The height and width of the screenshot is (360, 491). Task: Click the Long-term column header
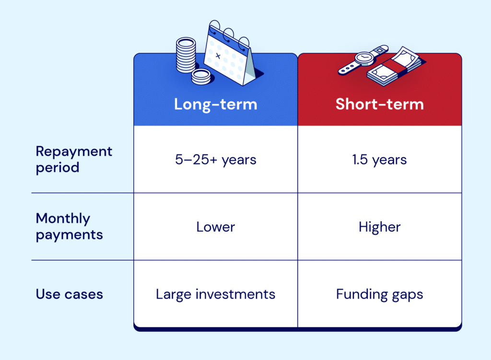point(215,104)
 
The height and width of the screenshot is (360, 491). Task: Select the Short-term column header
point(379,104)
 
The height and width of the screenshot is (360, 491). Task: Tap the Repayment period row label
point(74,159)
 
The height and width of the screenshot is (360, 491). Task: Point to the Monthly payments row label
point(70,226)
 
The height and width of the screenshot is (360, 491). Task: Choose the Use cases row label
point(70,294)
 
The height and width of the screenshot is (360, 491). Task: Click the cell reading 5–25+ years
point(215,160)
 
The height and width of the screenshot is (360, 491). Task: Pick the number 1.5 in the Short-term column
point(361,160)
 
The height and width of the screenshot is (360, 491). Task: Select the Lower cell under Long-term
point(215,227)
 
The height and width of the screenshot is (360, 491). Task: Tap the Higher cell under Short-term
point(379,227)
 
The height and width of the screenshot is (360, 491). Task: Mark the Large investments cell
point(215,294)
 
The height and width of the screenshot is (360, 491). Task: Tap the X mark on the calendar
point(218,56)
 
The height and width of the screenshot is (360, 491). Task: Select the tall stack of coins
point(186,55)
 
